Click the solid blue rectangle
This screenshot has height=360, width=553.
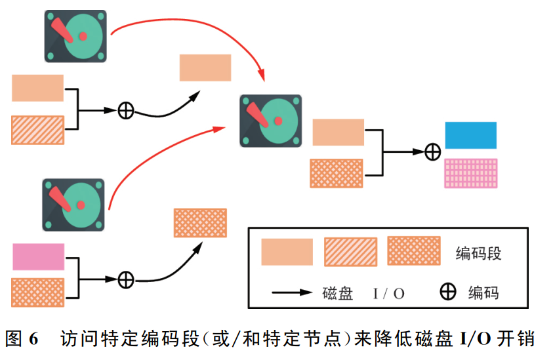470,135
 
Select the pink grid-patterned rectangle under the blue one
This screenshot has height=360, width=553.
470,174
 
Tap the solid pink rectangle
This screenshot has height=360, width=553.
38,256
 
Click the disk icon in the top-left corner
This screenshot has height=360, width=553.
75,35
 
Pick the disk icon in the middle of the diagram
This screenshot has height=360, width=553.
270,121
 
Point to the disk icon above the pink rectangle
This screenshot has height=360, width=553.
73,204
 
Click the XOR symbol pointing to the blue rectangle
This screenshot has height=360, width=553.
432,151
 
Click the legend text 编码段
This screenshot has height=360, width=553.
478,253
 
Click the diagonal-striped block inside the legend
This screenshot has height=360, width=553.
350,252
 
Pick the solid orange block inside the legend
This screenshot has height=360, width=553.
287,252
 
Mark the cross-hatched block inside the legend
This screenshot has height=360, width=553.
413,251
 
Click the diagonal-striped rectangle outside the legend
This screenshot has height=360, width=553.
37,129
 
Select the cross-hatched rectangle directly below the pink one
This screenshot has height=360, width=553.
37,292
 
